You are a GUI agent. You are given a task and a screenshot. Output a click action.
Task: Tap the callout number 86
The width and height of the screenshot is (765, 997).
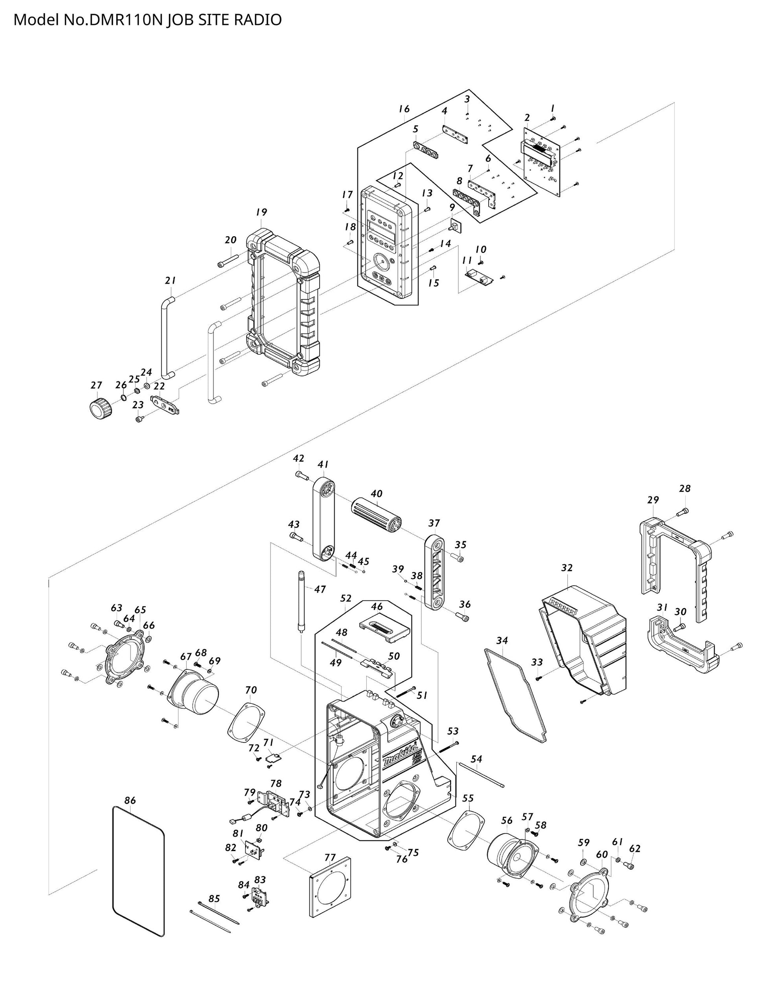pos(130,800)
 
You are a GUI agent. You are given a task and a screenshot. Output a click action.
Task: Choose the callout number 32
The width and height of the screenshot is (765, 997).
pos(566,568)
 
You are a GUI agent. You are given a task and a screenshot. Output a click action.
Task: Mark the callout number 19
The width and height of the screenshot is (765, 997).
pos(261,212)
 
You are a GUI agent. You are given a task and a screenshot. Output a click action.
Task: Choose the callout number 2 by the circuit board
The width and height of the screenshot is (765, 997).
pos(527,118)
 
